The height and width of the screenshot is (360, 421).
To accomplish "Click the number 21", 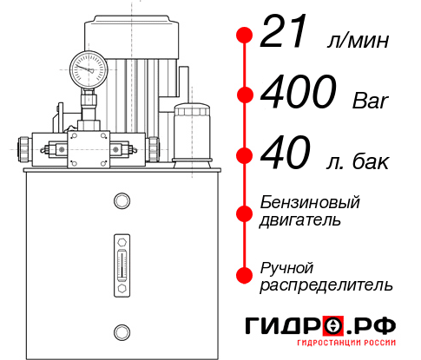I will tap(286, 36).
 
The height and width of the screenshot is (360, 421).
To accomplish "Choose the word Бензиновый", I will tap(310, 202).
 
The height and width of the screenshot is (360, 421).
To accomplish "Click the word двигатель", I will tap(300, 220).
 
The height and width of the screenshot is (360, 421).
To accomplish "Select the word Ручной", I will tap(286, 266).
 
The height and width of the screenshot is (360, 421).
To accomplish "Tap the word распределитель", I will tap(326, 285).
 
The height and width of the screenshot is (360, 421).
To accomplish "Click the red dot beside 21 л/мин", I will tap(245, 36).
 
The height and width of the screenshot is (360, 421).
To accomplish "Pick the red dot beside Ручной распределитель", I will tap(245, 275).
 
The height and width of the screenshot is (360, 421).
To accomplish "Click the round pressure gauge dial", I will tap(89, 67).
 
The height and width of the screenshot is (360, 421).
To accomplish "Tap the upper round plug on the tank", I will tap(121, 202).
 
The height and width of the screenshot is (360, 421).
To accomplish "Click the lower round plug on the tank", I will tap(121, 331).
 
